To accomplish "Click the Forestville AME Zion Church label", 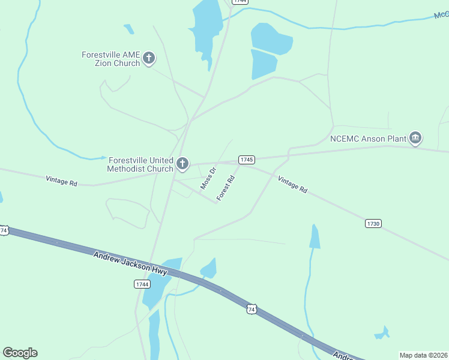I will [x=110, y=59].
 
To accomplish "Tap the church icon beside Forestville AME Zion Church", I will [x=149, y=59].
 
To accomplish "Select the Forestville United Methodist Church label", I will [x=140, y=164].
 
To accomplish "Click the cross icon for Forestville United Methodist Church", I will [x=182, y=163].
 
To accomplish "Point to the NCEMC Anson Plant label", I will [x=368, y=139].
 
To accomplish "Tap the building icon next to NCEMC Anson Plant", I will [x=415, y=139].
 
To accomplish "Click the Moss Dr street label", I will [x=208, y=179].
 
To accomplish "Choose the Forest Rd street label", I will [x=224, y=188].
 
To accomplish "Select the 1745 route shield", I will [x=247, y=160].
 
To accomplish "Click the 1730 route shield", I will [x=373, y=224].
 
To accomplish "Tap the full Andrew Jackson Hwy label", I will [x=130, y=263].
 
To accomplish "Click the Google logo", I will [x=20, y=353].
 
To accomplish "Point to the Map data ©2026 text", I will [x=423, y=355].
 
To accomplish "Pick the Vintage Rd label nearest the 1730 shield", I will [x=292, y=184].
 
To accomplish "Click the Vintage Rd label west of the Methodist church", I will [x=62, y=181].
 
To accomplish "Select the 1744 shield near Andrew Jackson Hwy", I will [x=142, y=284].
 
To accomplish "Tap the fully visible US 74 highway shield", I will [x=252, y=309].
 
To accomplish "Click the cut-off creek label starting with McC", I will [x=441, y=14].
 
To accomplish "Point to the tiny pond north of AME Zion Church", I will [x=128, y=29].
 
